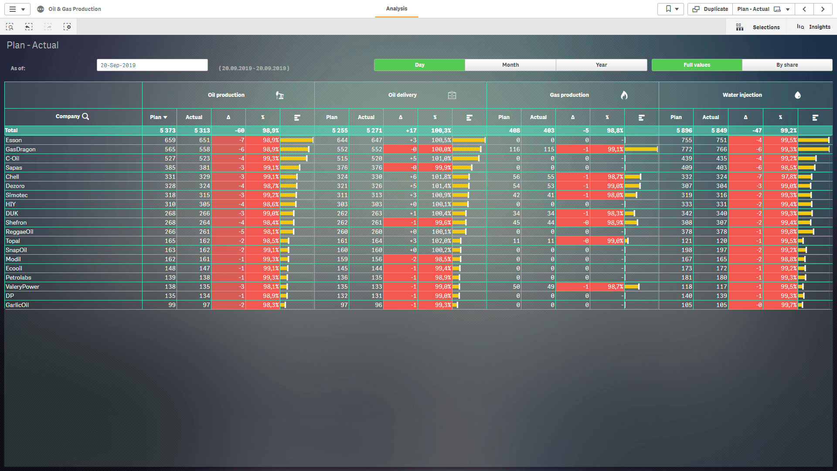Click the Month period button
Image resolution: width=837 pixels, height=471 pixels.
point(510,65)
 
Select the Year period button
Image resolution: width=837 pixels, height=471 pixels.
point(601,65)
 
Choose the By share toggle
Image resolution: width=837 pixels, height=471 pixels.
point(787,65)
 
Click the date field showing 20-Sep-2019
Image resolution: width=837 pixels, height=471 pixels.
point(152,65)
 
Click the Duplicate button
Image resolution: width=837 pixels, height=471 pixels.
point(710,9)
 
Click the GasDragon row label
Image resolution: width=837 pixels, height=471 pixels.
point(20,150)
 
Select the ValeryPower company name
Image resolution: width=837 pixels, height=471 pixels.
point(22,287)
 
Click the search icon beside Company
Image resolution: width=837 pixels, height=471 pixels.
point(85,116)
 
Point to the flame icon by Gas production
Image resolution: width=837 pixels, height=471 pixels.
point(624,95)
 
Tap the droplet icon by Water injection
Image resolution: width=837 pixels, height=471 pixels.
point(798,95)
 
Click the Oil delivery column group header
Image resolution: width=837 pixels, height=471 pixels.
point(402,95)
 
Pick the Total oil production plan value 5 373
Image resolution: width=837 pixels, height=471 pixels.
point(167,130)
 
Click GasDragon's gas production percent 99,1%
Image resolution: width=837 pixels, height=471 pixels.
point(615,150)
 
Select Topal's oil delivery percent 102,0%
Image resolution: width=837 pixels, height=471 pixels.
point(441,241)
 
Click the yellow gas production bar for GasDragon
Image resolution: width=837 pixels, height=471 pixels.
point(641,150)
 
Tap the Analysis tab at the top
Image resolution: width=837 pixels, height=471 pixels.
point(396,9)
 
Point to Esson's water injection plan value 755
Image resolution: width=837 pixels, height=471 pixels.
point(687,140)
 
